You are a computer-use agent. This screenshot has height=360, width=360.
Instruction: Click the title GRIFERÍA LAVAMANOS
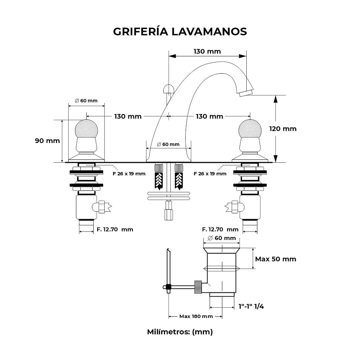coord(180,32)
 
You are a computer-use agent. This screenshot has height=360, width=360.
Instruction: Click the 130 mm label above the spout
coord(207,51)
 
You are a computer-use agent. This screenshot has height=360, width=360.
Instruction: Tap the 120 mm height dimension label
coord(283,129)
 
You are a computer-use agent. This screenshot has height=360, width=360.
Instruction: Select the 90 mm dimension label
coord(47,141)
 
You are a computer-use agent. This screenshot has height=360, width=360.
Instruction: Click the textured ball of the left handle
coord(86,129)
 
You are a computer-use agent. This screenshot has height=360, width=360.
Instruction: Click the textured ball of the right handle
coord(250,129)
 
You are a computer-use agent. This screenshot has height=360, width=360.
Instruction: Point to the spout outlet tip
coord(246,92)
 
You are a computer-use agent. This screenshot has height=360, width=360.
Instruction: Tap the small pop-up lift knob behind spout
coord(169,89)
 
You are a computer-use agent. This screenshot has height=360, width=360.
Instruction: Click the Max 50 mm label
coord(275,259)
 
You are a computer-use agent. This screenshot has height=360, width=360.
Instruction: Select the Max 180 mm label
coord(196,317)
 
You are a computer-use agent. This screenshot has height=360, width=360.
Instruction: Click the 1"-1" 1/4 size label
coord(251,307)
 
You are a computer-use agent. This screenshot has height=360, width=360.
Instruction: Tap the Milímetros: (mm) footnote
coord(180,332)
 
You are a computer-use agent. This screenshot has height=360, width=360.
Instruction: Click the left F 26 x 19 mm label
coord(129,173)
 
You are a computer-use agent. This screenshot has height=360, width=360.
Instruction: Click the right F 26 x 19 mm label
coord(210,173)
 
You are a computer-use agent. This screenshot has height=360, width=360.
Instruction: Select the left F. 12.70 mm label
coord(115,230)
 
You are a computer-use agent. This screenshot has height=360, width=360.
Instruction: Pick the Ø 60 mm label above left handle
coord(86,101)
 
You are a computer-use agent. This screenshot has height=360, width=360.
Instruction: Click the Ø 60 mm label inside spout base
coord(168,144)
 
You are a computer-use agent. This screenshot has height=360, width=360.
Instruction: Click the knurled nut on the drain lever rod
coord(198,286)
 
